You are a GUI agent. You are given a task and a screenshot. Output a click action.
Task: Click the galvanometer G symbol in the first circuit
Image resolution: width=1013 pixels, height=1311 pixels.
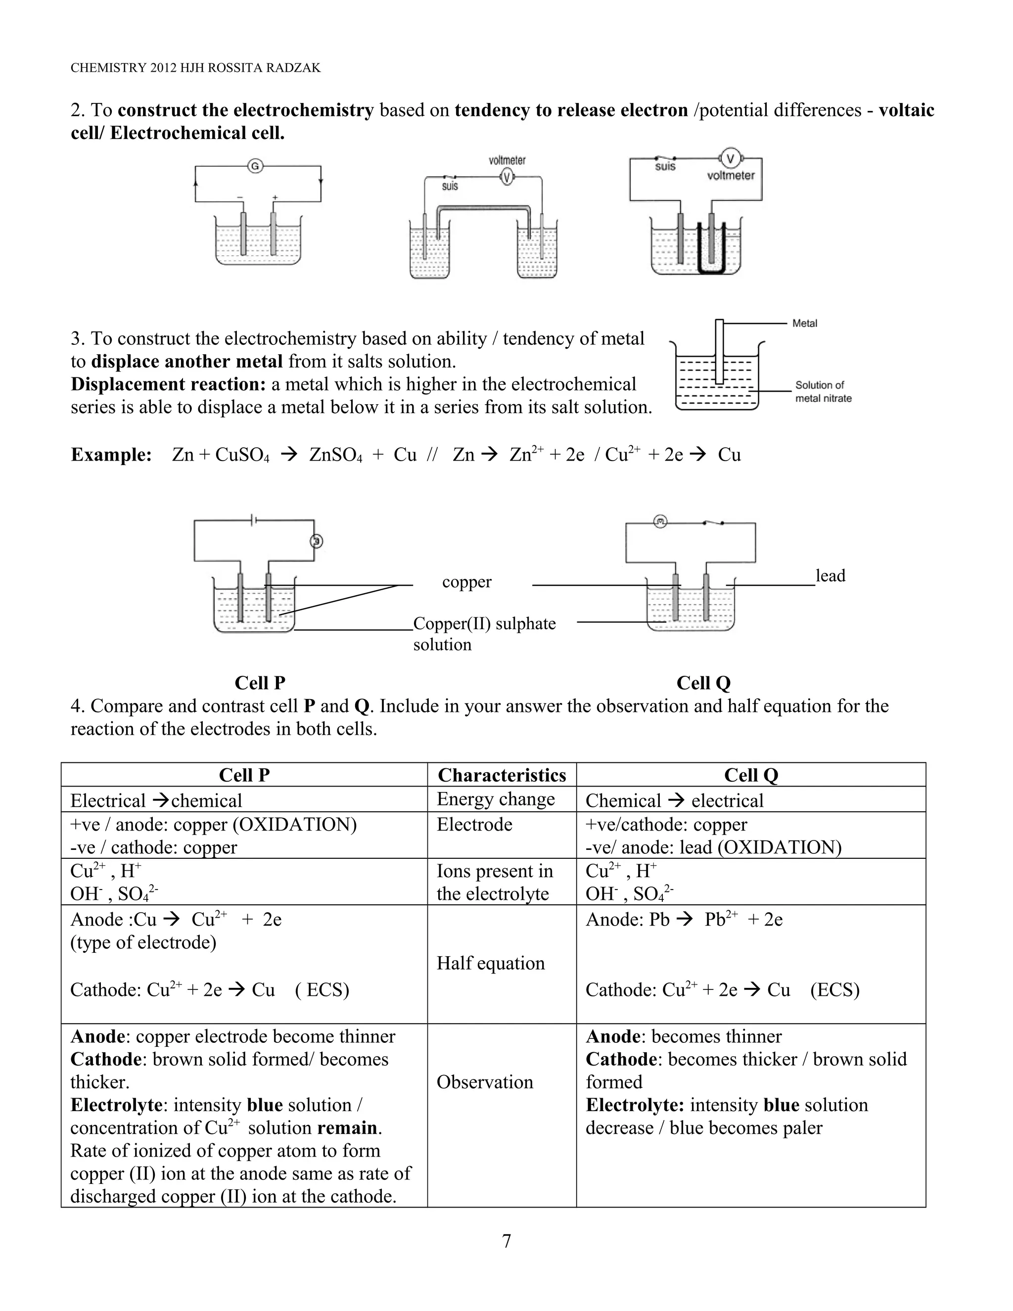[255, 166]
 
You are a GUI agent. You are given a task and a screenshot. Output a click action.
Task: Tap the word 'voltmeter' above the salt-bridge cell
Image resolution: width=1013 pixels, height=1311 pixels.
[506, 160]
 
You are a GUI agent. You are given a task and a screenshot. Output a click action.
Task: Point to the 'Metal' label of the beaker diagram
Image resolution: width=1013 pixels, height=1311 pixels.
[804, 324]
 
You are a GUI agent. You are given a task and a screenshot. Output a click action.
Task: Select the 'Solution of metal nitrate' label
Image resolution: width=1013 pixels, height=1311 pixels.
[823, 391]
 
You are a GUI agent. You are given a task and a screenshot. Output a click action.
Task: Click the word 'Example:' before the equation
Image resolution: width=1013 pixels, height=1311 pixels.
[111, 455]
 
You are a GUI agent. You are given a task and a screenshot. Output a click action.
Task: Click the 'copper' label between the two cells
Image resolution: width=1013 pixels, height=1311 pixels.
[466, 582]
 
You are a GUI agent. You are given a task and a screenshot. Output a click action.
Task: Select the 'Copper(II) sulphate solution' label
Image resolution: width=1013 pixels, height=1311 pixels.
[484, 633]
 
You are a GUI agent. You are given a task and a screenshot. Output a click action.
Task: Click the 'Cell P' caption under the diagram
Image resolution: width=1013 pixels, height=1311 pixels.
[260, 683]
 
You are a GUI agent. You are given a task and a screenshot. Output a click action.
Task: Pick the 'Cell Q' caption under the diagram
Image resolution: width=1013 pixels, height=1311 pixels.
[703, 683]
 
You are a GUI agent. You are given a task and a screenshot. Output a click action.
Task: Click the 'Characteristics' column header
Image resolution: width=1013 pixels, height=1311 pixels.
[502, 775]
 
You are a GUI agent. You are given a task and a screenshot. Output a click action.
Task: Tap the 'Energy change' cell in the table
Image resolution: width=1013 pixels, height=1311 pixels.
[496, 799]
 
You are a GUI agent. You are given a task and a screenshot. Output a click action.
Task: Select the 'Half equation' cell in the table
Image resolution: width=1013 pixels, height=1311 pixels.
[490, 963]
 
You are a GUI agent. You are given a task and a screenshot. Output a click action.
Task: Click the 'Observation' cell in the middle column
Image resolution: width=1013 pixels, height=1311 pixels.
[484, 1081]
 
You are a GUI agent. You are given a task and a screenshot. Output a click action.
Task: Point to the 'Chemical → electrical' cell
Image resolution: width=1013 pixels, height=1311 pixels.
[674, 800]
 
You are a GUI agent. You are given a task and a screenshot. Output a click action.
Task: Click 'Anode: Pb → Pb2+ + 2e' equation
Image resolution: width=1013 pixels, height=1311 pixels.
[684, 919]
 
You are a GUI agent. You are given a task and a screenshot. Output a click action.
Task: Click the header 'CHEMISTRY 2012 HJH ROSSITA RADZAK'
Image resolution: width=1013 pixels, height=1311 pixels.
[196, 68]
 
